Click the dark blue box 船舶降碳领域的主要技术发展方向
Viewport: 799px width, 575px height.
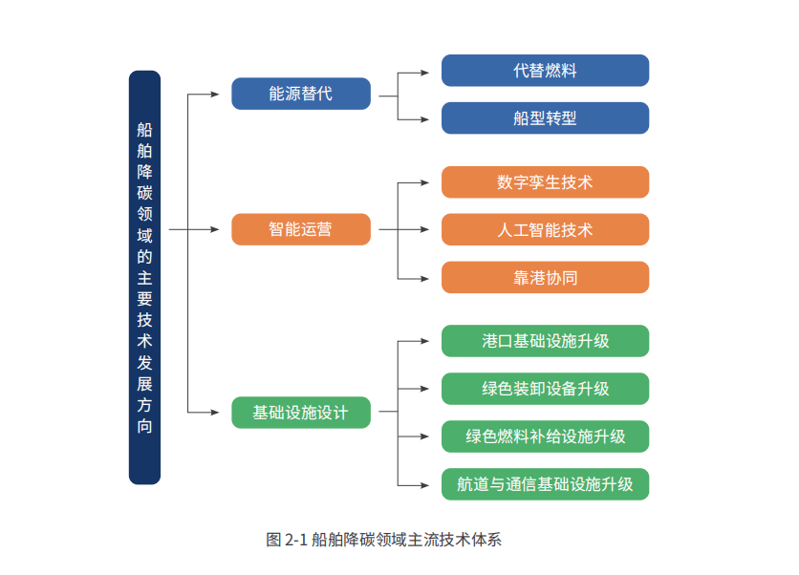144,277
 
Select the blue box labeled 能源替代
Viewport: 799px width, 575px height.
301,94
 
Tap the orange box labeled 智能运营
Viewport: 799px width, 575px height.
301,229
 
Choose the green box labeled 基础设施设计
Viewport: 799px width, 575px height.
301,413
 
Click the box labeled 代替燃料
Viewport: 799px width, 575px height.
545,71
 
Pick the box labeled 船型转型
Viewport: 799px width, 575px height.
545,118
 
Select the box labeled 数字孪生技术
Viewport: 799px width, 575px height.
545,181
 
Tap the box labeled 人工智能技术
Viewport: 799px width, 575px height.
545,229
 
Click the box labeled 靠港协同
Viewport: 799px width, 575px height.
545,277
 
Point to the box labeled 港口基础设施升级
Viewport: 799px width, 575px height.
545,341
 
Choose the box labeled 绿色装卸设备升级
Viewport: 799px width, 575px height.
545,389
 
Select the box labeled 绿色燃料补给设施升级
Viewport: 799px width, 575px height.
545,437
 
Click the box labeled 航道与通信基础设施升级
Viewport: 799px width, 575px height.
545,484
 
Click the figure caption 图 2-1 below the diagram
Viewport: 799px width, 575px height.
383,540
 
